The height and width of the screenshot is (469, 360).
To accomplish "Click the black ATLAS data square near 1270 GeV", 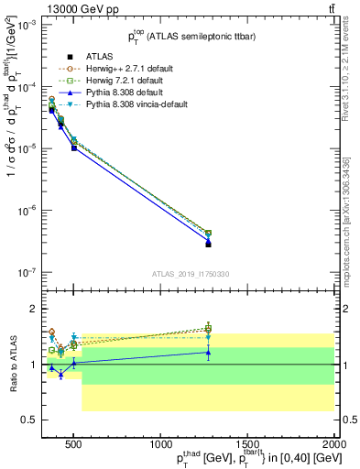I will pyautogui.click(x=208, y=244).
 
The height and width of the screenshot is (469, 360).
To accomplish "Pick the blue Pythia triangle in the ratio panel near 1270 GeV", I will pyautogui.click(x=208, y=352).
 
